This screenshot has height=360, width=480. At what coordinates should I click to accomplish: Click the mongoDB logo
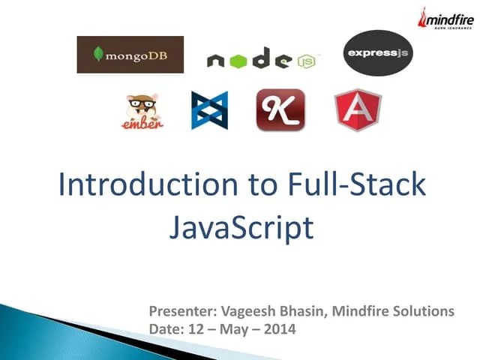click(x=130, y=55)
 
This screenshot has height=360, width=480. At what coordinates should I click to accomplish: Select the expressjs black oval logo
click(x=377, y=52)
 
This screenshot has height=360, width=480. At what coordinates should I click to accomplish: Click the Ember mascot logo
click(x=142, y=110)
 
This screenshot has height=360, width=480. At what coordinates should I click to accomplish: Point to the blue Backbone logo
click(x=209, y=110)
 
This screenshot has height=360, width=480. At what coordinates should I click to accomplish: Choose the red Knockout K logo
click(x=280, y=110)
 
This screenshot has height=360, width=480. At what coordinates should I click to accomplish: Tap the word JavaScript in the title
click(x=240, y=227)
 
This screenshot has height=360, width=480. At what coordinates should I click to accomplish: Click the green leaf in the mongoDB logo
click(x=97, y=54)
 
